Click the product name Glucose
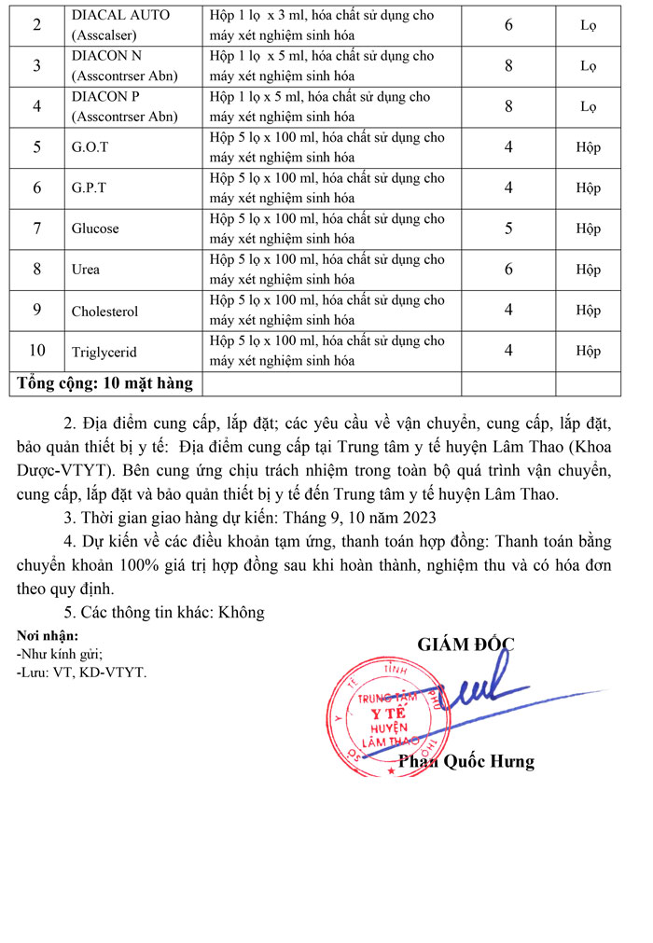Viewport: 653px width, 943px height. [95, 229]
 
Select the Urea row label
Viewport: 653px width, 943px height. [86, 270]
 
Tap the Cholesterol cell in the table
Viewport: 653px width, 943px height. [104, 311]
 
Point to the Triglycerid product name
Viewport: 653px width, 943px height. [104, 352]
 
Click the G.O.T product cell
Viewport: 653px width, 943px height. [90, 147]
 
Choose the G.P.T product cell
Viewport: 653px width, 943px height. [89, 187]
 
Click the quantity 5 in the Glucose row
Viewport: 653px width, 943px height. [508, 229]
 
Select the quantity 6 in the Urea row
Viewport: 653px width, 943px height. [508, 270]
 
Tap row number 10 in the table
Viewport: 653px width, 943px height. [37, 351]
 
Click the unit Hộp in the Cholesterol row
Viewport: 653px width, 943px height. [588, 311]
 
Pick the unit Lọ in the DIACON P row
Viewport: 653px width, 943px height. [588, 106]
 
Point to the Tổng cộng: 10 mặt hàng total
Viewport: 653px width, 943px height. [104, 383]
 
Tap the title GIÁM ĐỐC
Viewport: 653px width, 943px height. [465, 644]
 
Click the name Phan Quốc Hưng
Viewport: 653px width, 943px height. [466, 762]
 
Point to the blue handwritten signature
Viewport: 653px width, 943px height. [476, 686]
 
